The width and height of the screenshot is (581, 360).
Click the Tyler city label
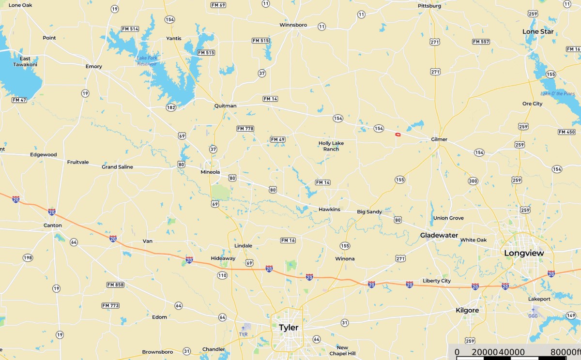point(289,328)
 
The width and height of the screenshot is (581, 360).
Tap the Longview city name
point(524,253)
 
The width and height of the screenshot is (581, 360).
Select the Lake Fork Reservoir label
point(146,60)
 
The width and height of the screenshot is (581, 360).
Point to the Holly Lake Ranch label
point(328,146)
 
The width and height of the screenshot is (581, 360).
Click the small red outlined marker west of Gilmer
point(398,135)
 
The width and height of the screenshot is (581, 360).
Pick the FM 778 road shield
point(245,129)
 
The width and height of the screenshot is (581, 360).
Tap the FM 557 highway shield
point(481,42)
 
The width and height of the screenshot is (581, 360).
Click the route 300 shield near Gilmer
point(473,181)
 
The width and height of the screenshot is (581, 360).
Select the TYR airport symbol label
point(243,334)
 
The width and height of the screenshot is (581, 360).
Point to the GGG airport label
point(533,316)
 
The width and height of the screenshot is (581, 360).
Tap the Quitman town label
point(225,105)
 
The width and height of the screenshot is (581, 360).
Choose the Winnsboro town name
point(293,25)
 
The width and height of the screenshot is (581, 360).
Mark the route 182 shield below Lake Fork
point(171,107)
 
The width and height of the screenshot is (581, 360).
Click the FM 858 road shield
point(116,285)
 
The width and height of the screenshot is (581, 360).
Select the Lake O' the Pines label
point(558,93)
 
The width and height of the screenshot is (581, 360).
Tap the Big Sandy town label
point(369,211)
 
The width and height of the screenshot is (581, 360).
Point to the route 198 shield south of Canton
point(28,258)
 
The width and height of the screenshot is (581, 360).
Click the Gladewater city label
point(439,235)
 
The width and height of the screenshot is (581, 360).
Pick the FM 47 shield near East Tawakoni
point(19,100)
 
